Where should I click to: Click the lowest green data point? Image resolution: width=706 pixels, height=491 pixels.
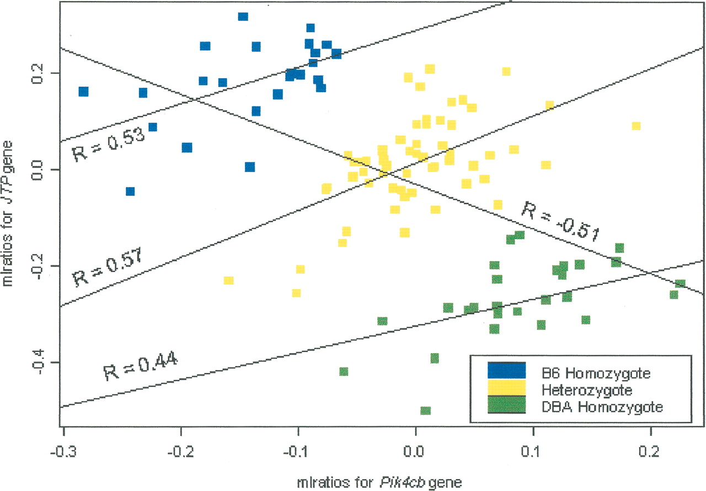tap(425, 410)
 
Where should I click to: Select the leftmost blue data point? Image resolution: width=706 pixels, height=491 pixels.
tap(83, 92)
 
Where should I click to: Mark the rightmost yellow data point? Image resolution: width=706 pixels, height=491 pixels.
tap(636, 126)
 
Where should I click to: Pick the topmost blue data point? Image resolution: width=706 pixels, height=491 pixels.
tap(243, 17)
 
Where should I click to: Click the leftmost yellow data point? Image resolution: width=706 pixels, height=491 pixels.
tap(228, 280)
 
